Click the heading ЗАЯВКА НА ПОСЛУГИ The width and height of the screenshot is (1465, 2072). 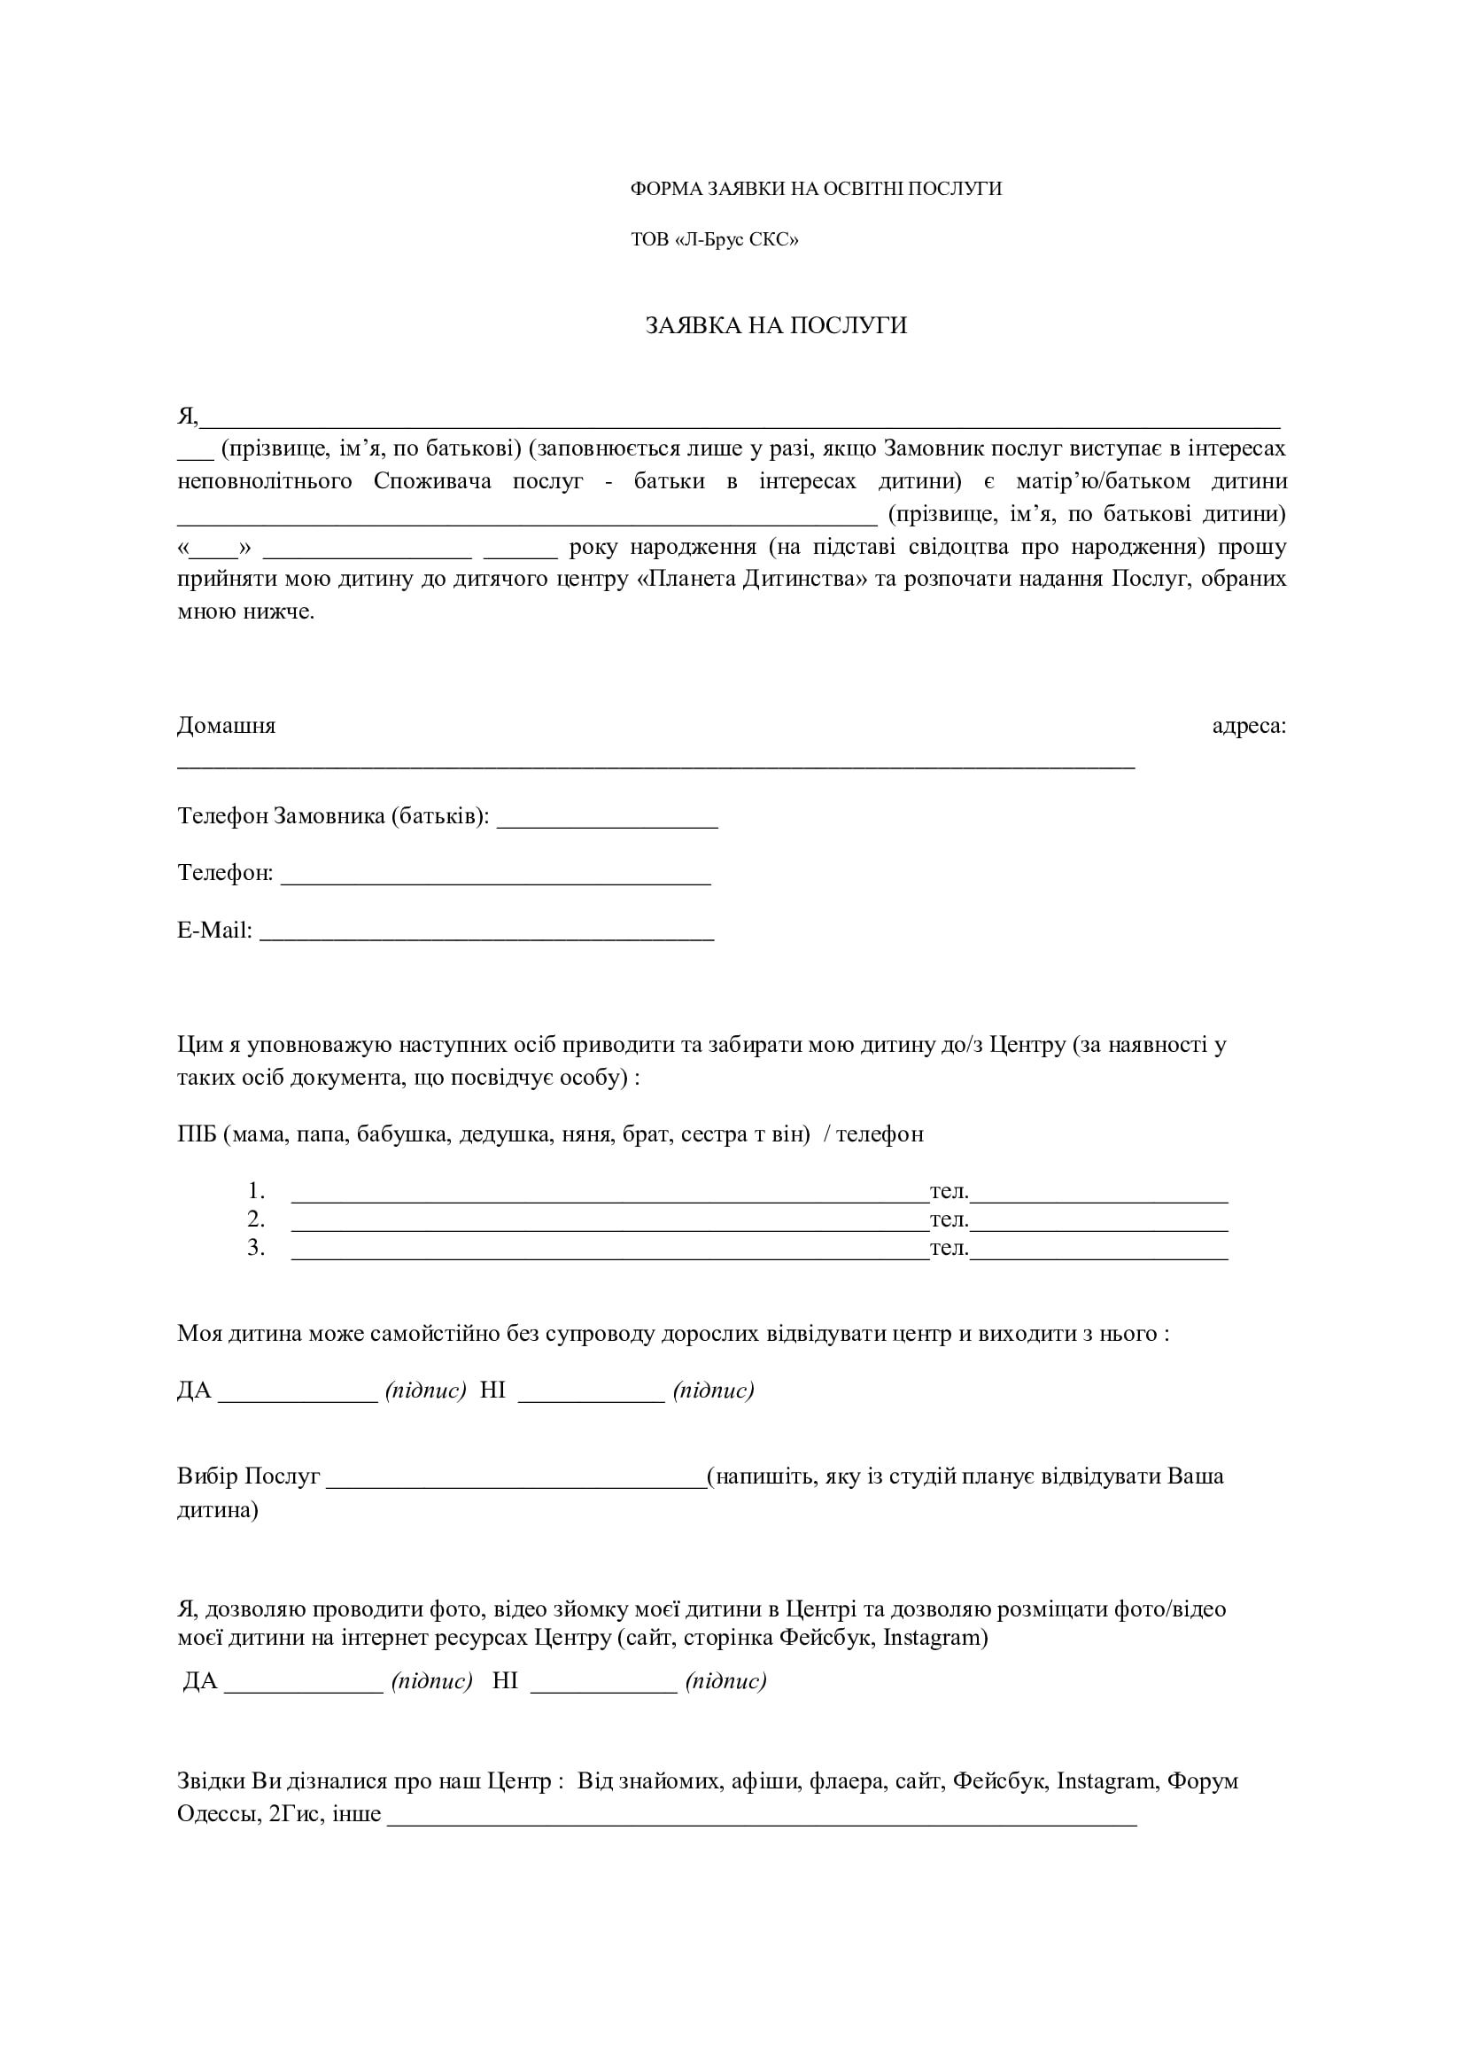click(x=776, y=326)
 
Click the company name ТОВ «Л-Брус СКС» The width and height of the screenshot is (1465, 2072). click(x=715, y=240)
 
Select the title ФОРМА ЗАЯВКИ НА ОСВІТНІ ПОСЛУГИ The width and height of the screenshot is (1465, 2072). click(x=816, y=189)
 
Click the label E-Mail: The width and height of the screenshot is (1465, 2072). click(x=214, y=931)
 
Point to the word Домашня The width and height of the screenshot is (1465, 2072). click(x=227, y=726)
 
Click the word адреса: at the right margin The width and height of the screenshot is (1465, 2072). click(x=1249, y=726)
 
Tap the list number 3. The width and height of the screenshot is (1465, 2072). click(x=256, y=1248)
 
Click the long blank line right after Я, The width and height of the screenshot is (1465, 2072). click(x=740, y=421)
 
